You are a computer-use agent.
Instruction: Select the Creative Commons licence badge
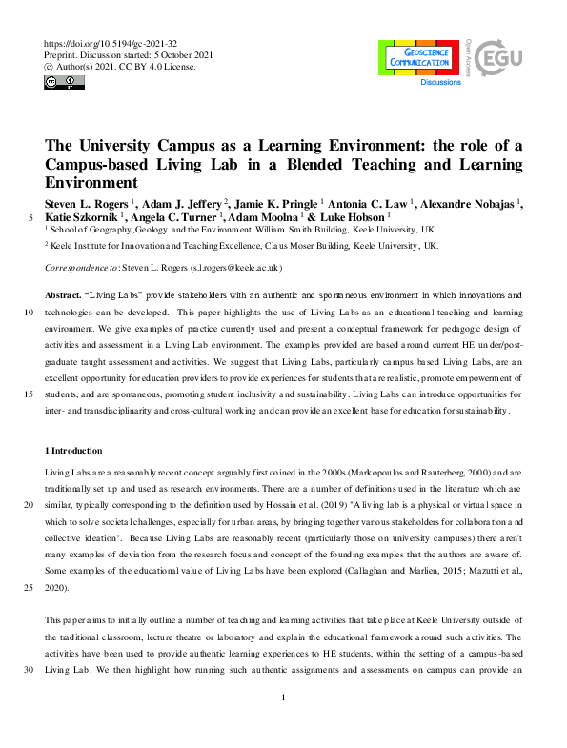coord(65,83)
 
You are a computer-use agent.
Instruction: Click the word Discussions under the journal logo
coord(441,83)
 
